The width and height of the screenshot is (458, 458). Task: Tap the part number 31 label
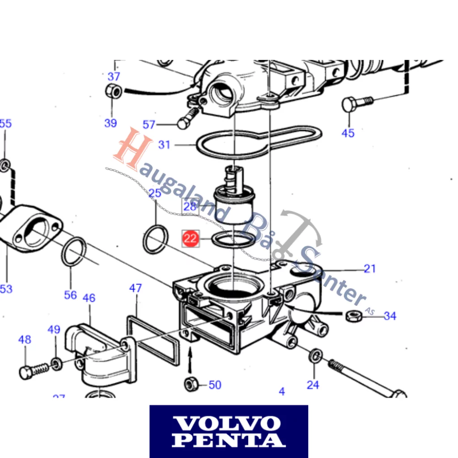165,145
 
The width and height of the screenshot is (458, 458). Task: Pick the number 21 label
369,268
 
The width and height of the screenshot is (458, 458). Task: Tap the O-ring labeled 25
156,241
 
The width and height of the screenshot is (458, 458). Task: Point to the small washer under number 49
56,362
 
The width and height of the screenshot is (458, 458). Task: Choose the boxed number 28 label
190,206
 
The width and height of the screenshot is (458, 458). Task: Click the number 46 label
89,298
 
